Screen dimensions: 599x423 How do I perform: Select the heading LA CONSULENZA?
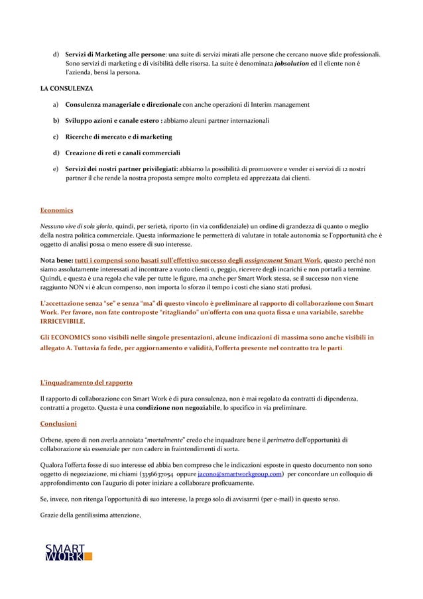click(66, 88)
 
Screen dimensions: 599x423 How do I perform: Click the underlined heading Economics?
click(57, 211)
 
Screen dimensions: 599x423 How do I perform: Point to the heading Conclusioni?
click(59, 423)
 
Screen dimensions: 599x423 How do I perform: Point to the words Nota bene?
click(57, 261)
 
